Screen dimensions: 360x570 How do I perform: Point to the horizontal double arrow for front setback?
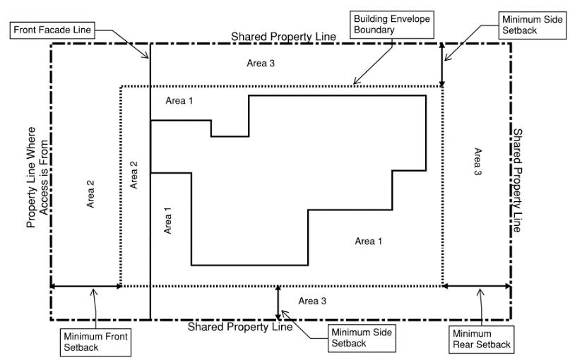85,286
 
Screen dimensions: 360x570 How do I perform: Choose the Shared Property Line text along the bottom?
239,327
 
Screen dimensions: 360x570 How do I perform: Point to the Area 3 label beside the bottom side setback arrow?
312,301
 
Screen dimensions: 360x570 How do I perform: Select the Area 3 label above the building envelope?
261,63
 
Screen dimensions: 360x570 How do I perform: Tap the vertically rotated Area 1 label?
167,220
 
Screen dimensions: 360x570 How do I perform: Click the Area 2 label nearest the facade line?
133,174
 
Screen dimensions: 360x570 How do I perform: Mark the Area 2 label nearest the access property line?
90,193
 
